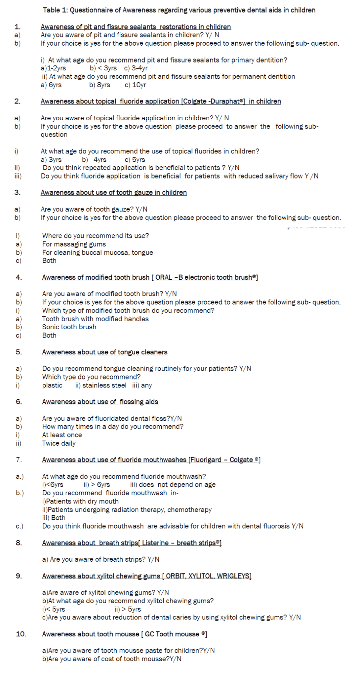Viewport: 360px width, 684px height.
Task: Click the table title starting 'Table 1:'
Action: click(x=179, y=10)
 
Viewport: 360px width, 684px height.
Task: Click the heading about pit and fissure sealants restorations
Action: click(x=136, y=27)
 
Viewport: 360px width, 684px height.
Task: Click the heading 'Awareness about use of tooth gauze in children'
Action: click(x=113, y=192)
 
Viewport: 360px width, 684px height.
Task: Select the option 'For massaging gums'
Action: click(x=74, y=244)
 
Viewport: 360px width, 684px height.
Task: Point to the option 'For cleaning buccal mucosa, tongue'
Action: click(x=98, y=253)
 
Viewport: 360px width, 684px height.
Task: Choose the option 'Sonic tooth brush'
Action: click(x=69, y=327)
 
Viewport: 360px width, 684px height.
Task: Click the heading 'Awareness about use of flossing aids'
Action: click(x=100, y=402)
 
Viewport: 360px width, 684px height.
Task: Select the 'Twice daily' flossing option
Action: click(x=59, y=443)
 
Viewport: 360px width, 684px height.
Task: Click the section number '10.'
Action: click(x=21, y=634)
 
